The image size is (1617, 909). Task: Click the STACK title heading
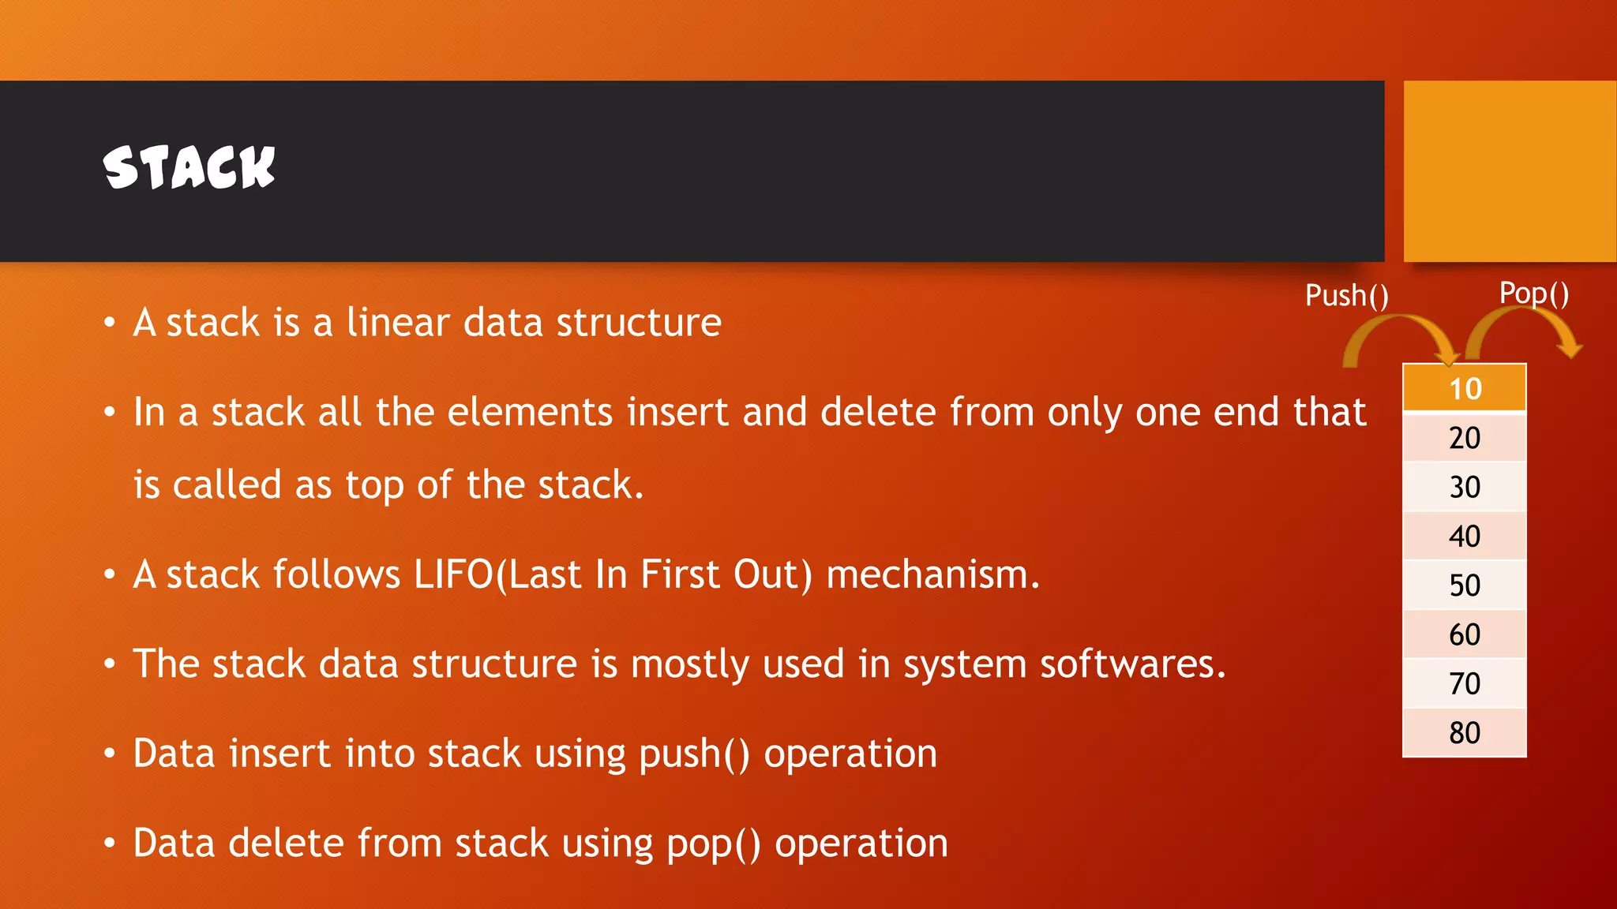pos(189,167)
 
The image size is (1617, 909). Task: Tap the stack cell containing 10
pos(1465,388)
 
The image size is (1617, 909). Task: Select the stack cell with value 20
pos(1465,438)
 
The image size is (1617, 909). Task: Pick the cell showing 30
pos(1465,487)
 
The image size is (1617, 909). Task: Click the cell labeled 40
pos(1465,537)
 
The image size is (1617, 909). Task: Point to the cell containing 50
pos(1465,585)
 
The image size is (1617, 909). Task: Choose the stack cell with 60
pos(1465,634)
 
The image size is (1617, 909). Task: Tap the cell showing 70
pos(1465,683)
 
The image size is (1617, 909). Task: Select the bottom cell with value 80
pos(1465,733)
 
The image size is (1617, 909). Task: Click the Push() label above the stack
pos(1346,296)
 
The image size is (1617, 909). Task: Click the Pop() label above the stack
pos(1533,294)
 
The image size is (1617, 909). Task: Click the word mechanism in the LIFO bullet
pos(926,574)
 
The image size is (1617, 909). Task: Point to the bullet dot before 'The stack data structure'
pos(110,664)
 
